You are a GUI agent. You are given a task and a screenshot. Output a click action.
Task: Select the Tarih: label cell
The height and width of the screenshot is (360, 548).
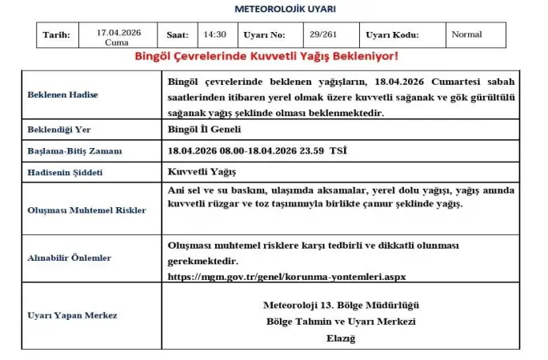coord(55,35)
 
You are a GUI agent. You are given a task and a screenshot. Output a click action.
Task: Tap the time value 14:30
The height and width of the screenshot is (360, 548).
coord(215,35)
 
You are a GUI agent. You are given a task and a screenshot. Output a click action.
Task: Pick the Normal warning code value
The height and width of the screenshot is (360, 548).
coord(466,35)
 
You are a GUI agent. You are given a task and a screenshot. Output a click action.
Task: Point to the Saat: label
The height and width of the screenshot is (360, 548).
coord(177,35)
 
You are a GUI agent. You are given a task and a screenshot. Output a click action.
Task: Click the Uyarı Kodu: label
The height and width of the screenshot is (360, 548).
coord(392,35)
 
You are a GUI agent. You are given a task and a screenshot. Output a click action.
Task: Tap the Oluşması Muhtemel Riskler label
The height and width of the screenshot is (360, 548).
coord(86,210)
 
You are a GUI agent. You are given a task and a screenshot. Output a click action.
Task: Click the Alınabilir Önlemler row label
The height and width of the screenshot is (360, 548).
coord(70,258)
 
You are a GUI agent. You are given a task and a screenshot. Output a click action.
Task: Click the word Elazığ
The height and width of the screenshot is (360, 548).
coord(340,338)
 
